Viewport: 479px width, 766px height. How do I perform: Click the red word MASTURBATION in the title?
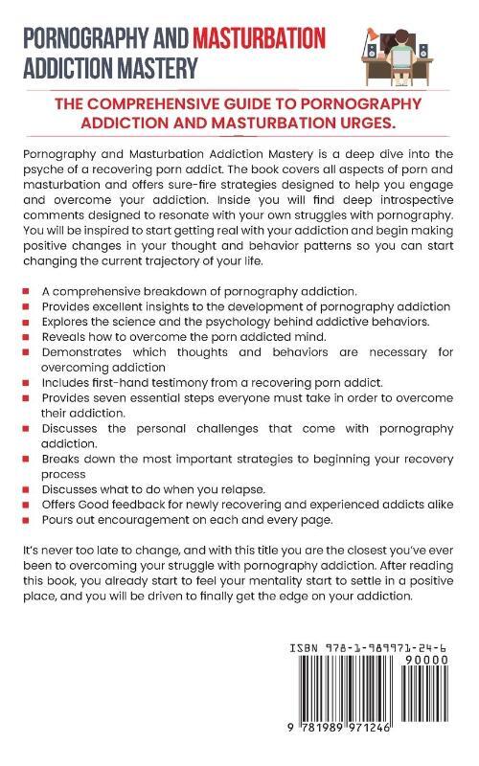click(259, 38)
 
